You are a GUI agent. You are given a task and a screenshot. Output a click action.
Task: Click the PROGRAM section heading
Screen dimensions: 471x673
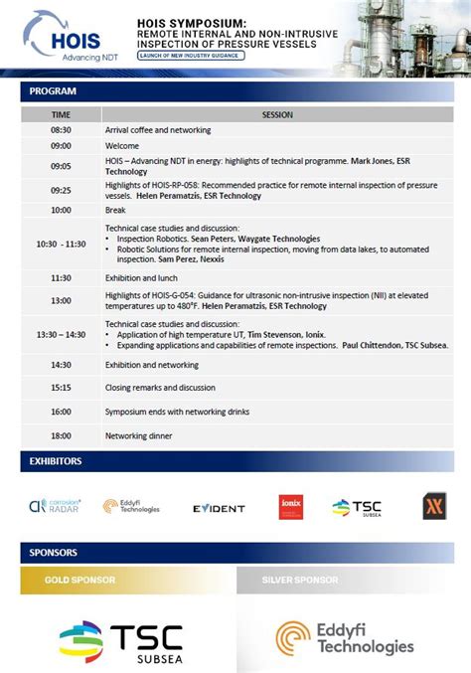tap(53, 91)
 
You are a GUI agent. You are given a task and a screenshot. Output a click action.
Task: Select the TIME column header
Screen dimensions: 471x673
tap(61, 114)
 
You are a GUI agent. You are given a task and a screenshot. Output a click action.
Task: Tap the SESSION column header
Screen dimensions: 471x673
tap(277, 114)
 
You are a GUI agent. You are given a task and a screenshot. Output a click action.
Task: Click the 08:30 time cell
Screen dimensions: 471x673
tap(61, 130)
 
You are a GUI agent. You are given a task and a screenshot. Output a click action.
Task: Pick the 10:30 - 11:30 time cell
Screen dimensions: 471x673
tap(61, 244)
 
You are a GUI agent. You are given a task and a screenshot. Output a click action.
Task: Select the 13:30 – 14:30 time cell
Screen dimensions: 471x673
tap(61, 335)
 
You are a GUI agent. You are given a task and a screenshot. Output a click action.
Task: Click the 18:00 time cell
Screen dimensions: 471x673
tap(61, 435)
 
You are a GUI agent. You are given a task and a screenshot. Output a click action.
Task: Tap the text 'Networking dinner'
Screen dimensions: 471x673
tap(138, 435)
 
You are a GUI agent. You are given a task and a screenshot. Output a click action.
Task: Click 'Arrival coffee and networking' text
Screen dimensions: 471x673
tap(158, 130)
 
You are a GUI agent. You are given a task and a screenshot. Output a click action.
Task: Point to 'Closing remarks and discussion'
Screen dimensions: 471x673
tap(160, 388)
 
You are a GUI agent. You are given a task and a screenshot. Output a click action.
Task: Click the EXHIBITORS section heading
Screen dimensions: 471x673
tap(56, 461)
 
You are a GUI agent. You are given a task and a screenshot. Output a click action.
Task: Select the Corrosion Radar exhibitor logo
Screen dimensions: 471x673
tap(55, 506)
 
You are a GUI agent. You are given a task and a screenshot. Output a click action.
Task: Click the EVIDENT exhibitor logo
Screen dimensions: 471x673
tap(219, 508)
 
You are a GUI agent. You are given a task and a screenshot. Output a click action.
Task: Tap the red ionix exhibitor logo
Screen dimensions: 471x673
tap(290, 507)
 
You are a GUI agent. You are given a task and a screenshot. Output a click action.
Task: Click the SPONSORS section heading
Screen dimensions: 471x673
tap(55, 553)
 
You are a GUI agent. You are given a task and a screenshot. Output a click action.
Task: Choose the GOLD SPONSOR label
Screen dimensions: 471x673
tap(80, 580)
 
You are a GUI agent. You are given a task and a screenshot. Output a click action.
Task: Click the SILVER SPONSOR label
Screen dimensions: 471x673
tap(299, 580)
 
